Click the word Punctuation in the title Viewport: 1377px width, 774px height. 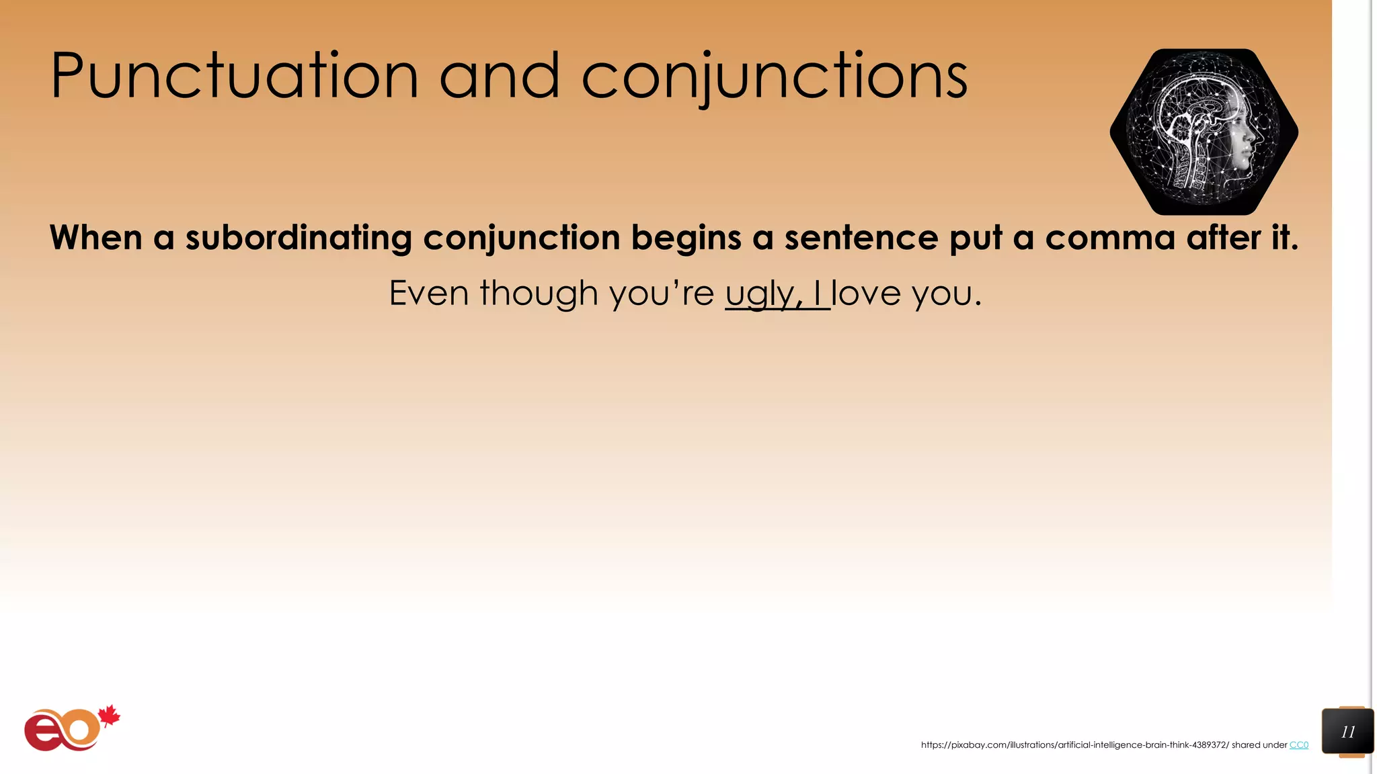tap(235, 77)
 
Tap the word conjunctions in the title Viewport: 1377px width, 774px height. tap(774, 77)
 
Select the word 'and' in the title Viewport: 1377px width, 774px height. tap(500, 77)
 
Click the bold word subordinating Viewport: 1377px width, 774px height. tap(299, 239)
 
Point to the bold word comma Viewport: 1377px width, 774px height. tap(1109, 239)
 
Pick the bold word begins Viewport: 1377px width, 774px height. tap(686, 239)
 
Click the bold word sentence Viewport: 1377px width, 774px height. tap(861, 239)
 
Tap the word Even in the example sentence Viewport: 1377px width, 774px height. tap(428, 294)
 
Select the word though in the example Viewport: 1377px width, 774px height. tap(539, 294)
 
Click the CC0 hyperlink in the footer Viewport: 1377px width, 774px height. tap(1298, 745)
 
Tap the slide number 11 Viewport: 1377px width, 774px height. tap(1347, 732)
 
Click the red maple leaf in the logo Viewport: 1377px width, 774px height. tap(109, 716)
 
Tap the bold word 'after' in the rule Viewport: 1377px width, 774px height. tap(1223, 239)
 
